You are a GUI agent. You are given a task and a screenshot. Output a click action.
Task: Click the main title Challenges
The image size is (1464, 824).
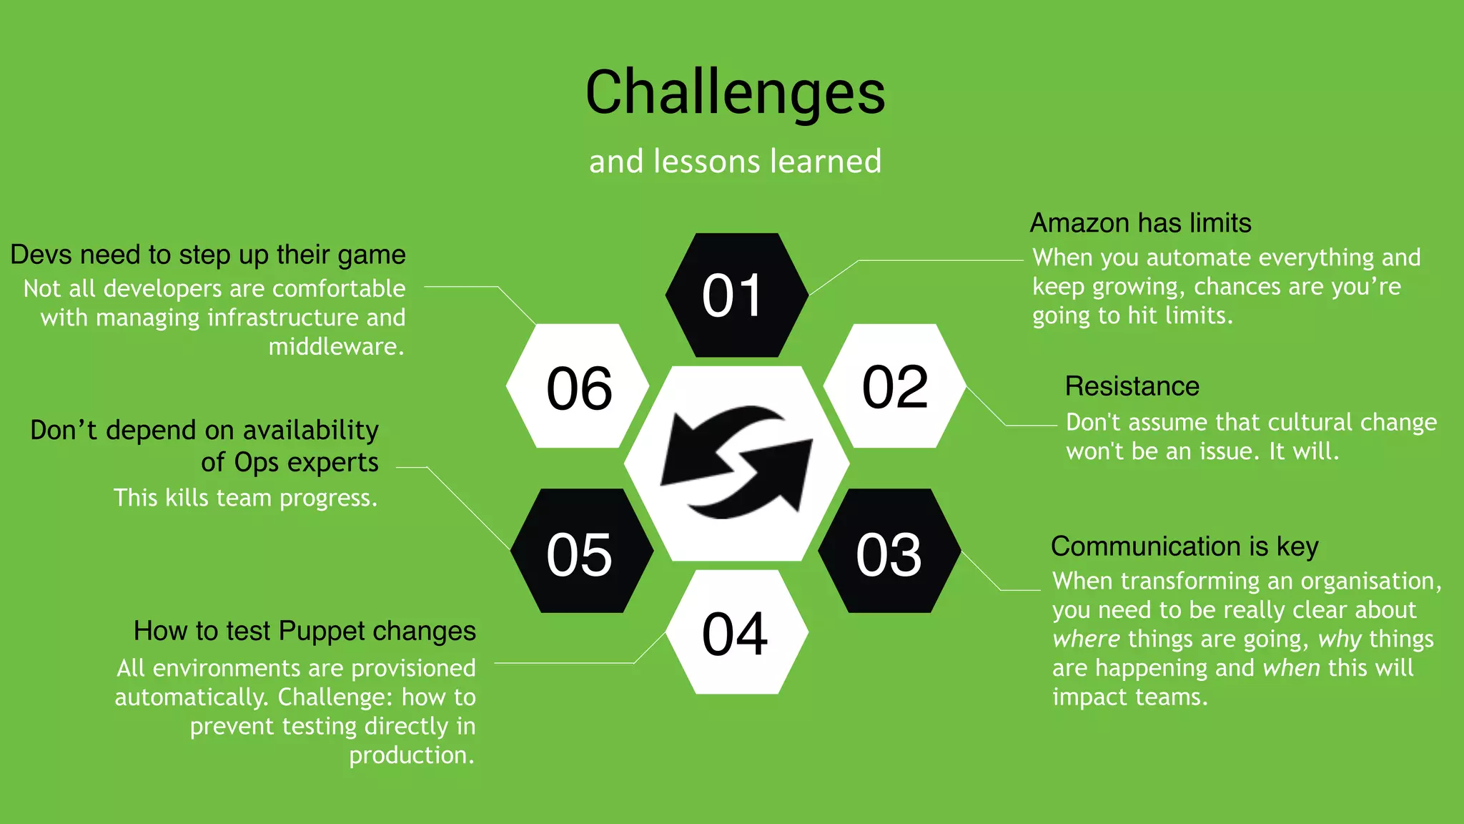pyautogui.click(x=735, y=93)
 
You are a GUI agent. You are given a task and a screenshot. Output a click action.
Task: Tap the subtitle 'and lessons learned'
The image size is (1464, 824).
pyautogui.click(x=735, y=162)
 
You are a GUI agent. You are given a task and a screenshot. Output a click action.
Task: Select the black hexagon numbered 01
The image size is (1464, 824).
pyautogui.click(x=736, y=295)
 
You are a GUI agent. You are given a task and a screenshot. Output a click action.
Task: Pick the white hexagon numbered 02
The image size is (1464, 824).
pyautogui.click(x=894, y=386)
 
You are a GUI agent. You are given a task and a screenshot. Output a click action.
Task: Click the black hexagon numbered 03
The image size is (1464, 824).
pyautogui.click(x=889, y=552)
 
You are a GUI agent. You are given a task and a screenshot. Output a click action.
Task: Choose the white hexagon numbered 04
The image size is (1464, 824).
pyautogui.click(x=736, y=633)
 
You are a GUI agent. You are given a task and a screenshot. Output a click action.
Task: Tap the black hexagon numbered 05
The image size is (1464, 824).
pyautogui.click(x=580, y=552)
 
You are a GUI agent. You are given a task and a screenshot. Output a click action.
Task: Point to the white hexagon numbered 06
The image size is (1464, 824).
pyautogui.click(x=578, y=387)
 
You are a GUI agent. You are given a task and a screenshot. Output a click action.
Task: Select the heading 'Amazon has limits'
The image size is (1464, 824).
pyautogui.click(x=1140, y=223)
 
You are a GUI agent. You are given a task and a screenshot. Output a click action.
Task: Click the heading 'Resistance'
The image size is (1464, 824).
pyautogui.click(x=1132, y=386)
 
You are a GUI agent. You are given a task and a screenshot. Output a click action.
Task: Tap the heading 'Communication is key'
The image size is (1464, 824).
pyautogui.click(x=1184, y=546)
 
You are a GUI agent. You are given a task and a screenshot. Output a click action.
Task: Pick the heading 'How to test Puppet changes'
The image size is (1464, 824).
pyautogui.click(x=305, y=631)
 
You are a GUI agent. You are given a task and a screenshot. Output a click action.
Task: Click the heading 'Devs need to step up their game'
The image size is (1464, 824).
pyautogui.click(x=208, y=255)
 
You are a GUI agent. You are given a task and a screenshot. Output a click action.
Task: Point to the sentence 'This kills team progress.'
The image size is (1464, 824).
pyautogui.click(x=245, y=498)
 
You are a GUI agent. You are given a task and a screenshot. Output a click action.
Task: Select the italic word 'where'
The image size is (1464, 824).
pyautogui.click(x=1086, y=639)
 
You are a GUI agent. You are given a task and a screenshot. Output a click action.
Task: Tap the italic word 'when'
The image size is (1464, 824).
pyautogui.click(x=1291, y=668)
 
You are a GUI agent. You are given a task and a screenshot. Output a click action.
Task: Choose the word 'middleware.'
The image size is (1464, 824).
pyautogui.click(x=336, y=347)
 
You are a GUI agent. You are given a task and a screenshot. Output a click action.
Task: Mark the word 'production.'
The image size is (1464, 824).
pyautogui.click(x=412, y=755)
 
